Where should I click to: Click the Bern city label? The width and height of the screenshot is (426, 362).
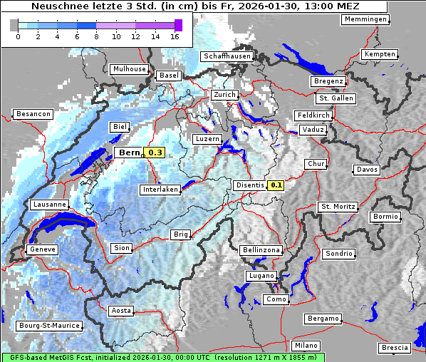pyautogui.click(x=130, y=152)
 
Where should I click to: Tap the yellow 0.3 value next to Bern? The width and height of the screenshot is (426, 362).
pyautogui.click(x=155, y=152)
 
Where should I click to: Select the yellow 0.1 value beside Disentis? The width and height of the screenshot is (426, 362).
pyautogui.click(x=276, y=185)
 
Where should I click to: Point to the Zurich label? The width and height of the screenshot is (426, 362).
pyautogui.click(x=224, y=95)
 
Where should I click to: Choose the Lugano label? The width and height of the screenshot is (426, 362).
pyautogui.click(x=261, y=276)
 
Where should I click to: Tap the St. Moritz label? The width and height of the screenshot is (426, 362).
pyautogui.click(x=337, y=207)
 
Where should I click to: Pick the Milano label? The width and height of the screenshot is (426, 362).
pyautogui.click(x=306, y=346)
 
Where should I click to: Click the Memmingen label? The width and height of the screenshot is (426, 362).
pyautogui.click(x=365, y=19)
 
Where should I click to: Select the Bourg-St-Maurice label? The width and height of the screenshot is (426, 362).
pyautogui.click(x=48, y=326)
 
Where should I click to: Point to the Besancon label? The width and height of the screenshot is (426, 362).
pyautogui.click(x=33, y=114)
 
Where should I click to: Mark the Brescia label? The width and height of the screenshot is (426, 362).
pyautogui.click(x=395, y=348)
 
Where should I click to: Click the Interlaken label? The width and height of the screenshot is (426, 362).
pyautogui.click(x=160, y=190)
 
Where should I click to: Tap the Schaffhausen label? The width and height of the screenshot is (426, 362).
pyautogui.click(x=227, y=56)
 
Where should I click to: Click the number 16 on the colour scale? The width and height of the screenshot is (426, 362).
pyautogui.click(x=174, y=36)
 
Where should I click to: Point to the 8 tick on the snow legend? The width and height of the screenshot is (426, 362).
pyautogui.click(x=96, y=36)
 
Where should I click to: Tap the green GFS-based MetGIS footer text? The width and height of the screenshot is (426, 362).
pyautogui.click(x=162, y=357)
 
